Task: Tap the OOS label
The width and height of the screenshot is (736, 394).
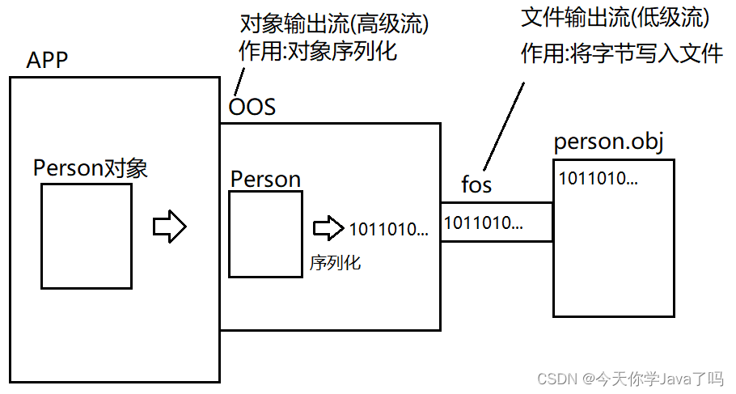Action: (252, 106)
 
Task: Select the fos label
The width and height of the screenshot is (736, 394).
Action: (476, 184)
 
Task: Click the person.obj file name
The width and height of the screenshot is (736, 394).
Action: (608, 142)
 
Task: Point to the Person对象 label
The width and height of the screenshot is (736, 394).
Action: (90, 168)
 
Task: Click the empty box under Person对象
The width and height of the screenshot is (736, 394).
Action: (87, 235)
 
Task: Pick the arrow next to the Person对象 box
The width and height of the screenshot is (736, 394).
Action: (170, 226)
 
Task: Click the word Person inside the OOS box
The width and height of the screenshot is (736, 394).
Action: (265, 179)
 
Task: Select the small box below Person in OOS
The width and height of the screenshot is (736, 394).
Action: (264, 235)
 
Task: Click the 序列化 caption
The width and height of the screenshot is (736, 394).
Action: (334, 263)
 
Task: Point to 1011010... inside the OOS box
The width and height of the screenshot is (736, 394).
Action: (388, 229)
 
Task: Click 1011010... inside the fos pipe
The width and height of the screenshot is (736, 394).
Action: (484, 221)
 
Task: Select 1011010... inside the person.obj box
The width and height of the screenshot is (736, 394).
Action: (598, 179)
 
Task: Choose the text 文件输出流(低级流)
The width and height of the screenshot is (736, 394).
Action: (615, 17)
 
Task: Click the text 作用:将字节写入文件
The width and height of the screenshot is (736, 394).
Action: (620, 54)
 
